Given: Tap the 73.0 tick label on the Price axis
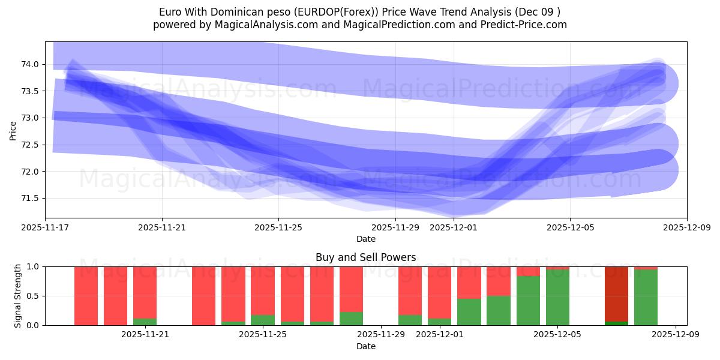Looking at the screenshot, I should click(29, 118).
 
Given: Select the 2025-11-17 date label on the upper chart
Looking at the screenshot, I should click(45, 228).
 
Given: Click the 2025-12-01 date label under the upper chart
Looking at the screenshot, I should click(454, 228).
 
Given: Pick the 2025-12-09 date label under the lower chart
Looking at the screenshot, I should click(676, 335).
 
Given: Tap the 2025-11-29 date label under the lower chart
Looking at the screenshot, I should click(381, 335).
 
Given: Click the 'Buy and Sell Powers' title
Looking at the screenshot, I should click(365, 257).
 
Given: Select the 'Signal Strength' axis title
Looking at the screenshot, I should click(18, 295).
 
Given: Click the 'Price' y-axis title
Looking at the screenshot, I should click(13, 130).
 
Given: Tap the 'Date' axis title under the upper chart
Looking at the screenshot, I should click(365, 239).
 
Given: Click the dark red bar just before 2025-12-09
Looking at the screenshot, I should click(616, 293).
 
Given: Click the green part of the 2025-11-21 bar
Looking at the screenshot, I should click(145, 322).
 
